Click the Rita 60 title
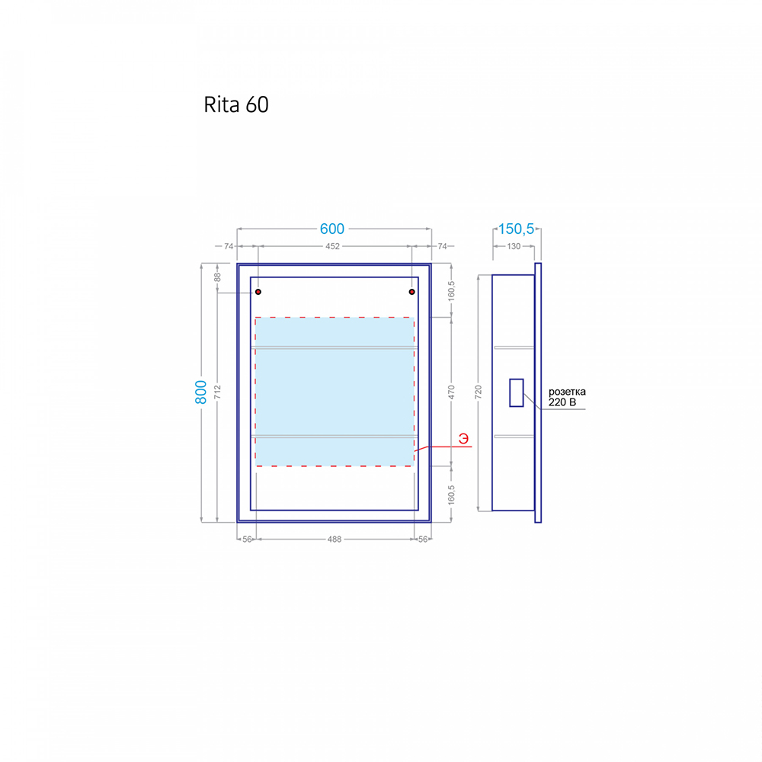pos(236,104)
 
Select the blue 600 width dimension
pos(332,229)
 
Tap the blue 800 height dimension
pos(200,392)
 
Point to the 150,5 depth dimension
pos(516,229)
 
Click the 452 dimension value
pos(332,246)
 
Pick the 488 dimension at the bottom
pos(335,539)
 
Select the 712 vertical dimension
pos(217,392)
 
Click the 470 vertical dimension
pos(451,392)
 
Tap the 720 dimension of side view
pos(479,392)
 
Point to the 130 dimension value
pos(514,246)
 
